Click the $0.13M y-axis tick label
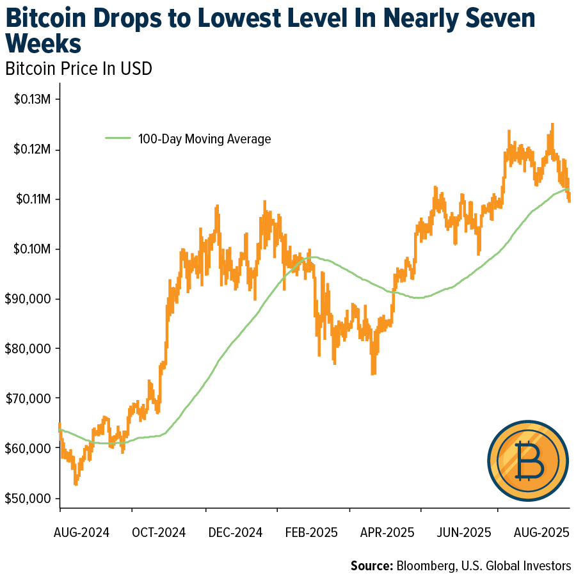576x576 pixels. (33, 100)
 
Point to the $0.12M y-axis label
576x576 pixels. (33, 150)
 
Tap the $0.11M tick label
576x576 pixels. (33, 200)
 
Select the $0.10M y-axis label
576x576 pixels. (33, 249)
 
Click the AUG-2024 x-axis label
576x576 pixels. (82, 532)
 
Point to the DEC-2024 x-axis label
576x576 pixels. (230, 532)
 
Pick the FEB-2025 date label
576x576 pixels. (303, 532)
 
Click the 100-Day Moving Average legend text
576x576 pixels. (204, 139)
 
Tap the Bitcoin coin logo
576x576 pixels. (527, 460)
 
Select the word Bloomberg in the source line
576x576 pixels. (426, 566)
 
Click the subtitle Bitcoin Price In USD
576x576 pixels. (79, 68)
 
